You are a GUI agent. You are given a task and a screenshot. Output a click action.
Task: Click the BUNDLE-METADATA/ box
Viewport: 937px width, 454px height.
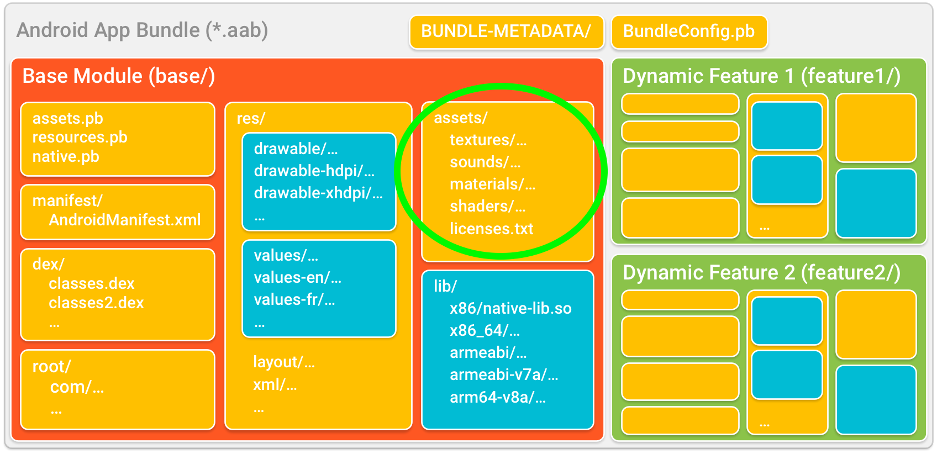(507, 32)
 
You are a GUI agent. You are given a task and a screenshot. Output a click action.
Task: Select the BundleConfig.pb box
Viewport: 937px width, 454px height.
(689, 32)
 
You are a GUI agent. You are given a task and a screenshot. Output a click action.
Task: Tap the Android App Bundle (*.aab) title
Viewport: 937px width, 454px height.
(142, 30)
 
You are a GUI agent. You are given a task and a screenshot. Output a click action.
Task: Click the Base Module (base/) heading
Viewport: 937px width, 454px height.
(119, 76)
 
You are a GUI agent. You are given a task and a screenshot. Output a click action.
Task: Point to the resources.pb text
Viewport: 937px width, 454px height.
(80, 138)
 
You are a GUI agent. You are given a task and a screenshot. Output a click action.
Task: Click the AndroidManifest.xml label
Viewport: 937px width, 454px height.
(125, 220)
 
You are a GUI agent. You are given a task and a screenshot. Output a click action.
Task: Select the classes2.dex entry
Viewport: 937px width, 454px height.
(96, 303)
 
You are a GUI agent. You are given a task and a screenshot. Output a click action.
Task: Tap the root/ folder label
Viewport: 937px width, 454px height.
(52, 367)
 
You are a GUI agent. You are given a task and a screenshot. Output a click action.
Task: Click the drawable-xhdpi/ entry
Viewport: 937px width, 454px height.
(318, 193)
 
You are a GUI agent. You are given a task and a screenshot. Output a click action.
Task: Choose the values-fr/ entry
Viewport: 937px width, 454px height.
(294, 300)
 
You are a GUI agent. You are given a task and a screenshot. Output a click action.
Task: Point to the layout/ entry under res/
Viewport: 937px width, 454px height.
(284, 362)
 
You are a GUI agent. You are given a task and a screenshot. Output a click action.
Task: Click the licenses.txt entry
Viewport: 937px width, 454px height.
(492, 229)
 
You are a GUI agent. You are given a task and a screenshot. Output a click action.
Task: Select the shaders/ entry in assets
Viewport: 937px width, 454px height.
(488, 207)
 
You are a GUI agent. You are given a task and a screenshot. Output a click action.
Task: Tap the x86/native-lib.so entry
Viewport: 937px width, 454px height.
(510, 309)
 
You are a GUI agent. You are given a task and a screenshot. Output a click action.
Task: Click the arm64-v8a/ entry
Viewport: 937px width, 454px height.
(498, 398)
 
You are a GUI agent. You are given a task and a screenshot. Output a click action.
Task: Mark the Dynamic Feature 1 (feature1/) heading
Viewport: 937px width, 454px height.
(762, 76)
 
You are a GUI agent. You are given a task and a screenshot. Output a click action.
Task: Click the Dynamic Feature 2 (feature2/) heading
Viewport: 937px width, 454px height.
(762, 273)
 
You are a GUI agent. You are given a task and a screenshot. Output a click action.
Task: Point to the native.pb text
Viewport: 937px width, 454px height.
(66, 157)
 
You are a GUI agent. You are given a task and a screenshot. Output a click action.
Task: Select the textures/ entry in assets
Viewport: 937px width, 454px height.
(488, 140)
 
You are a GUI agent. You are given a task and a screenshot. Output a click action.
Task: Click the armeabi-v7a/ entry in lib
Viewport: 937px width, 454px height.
(504, 375)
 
